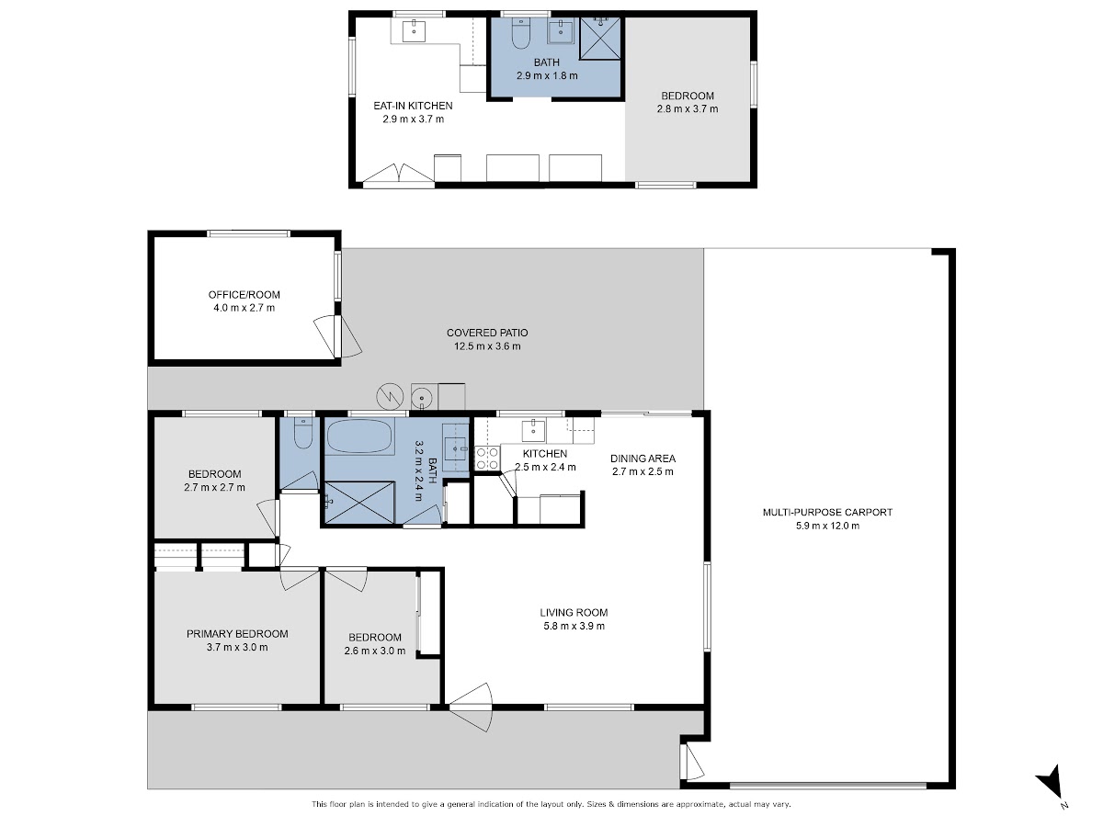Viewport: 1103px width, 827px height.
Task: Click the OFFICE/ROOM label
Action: pos(244,295)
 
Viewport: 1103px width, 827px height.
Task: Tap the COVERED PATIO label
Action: pos(487,333)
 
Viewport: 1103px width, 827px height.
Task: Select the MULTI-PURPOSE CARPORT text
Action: pos(827,512)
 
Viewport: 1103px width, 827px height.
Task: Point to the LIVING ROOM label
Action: pos(574,613)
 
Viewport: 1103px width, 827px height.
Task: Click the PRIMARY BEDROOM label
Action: pos(237,634)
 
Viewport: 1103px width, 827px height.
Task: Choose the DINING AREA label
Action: pos(642,459)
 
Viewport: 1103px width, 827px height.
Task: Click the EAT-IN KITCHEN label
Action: pos(413,106)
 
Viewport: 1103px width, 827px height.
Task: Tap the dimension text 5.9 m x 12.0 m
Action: pos(827,526)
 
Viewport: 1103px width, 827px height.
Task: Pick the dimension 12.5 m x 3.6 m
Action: pos(487,346)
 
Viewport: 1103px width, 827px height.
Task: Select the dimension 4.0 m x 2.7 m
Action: pos(244,308)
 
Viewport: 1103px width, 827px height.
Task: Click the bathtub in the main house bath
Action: pos(358,436)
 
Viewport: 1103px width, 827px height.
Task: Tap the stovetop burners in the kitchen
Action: pos(487,458)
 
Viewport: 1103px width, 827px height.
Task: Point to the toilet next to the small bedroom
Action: pos(303,432)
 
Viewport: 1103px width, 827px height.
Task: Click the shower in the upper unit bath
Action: pos(600,39)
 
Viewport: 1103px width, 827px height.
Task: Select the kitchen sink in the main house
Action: pos(533,431)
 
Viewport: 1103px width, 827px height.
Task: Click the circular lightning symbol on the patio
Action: pos(390,397)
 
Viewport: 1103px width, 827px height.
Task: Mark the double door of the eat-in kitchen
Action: pos(399,174)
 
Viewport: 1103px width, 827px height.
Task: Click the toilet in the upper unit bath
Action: pos(520,33)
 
